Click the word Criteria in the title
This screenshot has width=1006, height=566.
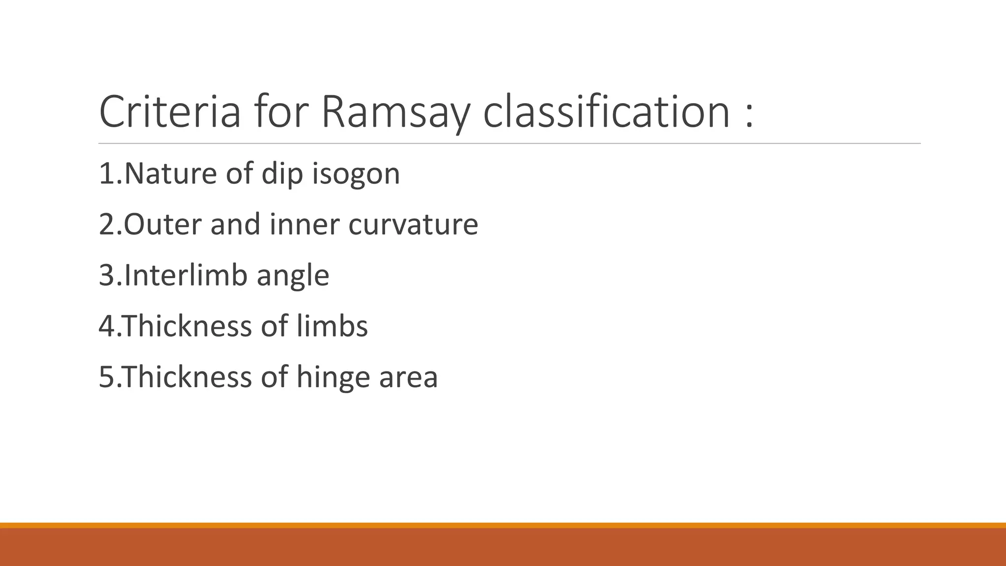[170, 112]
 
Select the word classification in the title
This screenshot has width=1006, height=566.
[606, 112]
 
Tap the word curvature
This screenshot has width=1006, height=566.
[413, 225]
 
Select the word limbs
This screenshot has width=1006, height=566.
[332, 326]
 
